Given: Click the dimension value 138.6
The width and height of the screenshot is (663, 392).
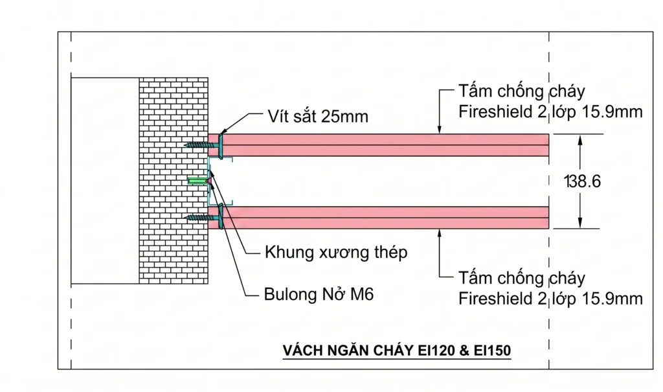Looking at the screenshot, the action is (x=582, y=181).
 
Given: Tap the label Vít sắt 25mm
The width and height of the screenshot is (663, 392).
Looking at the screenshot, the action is (x=318, y=117).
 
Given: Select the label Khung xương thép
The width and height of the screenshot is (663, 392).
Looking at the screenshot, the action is (x=336, y=252).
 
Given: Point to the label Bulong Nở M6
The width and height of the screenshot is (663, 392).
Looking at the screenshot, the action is (x=319, y=294).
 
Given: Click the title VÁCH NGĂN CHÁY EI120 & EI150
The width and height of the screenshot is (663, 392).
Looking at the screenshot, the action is (x=397, y=351).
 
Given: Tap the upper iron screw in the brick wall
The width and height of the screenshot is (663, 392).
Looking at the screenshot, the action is (x=202, y=145).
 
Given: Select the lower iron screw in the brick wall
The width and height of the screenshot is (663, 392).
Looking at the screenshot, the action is (x=202, y=218).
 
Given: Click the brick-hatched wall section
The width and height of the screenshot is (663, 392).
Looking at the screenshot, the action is (x=174, y=181).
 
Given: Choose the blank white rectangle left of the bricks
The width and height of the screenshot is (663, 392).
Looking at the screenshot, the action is (x=105, y=181).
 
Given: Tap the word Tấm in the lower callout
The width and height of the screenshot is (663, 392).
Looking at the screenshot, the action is (x=473, y=278).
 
